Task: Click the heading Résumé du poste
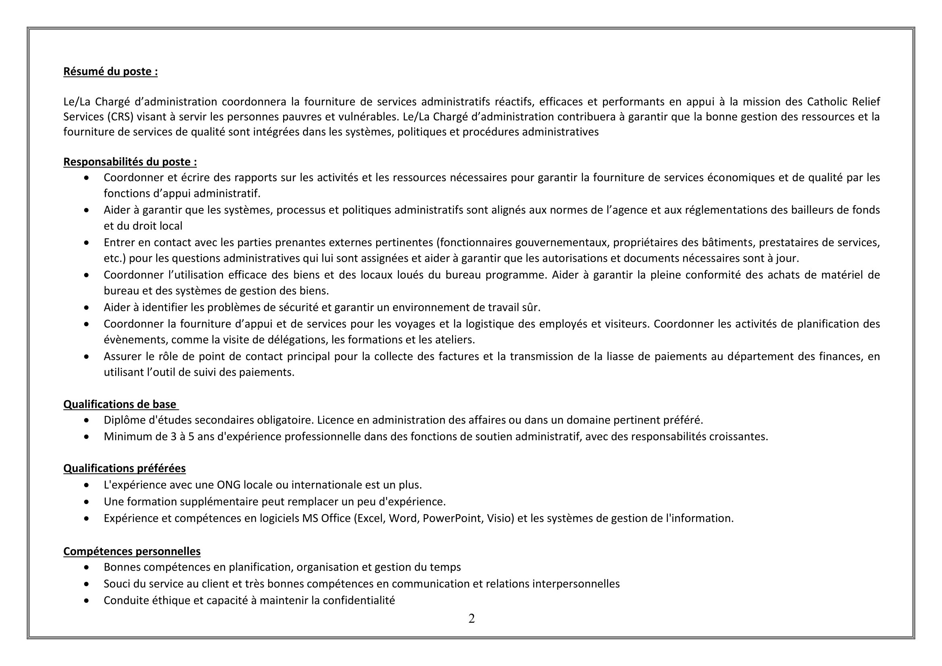[x=110, y=72]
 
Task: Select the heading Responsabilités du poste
[x=130, y=162]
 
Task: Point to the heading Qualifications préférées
[x=124, y=468]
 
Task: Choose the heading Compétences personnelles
[x=132, y=551]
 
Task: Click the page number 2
[x=472, y=618]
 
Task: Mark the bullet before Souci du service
[x=86, y=584]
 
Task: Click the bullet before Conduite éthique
[x=86, y=601]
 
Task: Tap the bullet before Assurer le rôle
[x=86, y=357]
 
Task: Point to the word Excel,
[x=371, y=518]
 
